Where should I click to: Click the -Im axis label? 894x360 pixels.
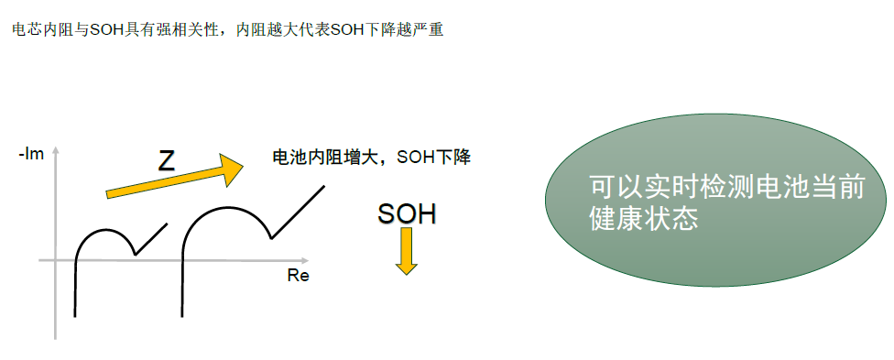pos(33,155)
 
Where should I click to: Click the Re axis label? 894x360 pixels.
pos(298,276)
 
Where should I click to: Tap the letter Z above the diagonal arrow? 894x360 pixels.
pos(166,161)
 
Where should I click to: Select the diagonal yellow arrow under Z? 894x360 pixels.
pos(174,180)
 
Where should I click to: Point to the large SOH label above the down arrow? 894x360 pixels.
pos(407,214)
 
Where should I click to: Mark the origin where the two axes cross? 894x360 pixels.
pos(56,260)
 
